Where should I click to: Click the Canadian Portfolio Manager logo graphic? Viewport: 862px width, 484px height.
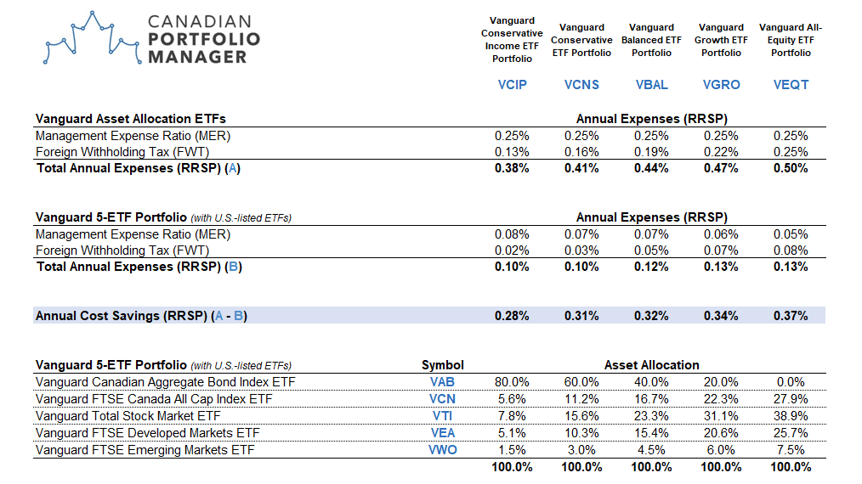(x=88, y=40)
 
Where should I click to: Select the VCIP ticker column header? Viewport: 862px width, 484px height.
(x=512, y=85)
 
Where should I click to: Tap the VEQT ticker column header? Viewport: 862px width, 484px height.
(x=791, y=85)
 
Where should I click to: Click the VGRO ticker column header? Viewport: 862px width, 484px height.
(x=721, y=85)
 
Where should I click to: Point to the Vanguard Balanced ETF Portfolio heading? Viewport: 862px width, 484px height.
(x=651, y=40)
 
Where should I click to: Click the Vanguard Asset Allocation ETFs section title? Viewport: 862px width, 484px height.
(x=130, y=119)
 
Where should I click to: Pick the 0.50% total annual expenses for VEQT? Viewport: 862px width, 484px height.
(x=791, y=168)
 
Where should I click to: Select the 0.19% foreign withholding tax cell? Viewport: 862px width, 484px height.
(x=651, y=152)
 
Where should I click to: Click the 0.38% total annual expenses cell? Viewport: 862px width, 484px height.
(x=512, y=168)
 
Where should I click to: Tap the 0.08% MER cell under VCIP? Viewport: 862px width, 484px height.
(x=512, y=234)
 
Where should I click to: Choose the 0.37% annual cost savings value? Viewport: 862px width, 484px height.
(x=791, y=316)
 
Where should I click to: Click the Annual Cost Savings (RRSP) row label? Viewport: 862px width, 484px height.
(x=141, y=316)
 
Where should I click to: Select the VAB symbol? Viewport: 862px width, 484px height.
(x=443, y=382)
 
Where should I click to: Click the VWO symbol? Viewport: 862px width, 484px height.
(x=443, y=450)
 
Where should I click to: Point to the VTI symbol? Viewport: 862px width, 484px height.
(x=443, y=416)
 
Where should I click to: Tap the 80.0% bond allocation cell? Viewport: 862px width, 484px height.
(x=512, y=382)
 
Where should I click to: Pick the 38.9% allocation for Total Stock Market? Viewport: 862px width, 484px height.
(x=791, y=416)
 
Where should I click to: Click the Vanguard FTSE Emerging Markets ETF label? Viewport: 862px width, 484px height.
(x=145, y=450)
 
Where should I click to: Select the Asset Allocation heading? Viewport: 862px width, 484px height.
(x=651, y=365)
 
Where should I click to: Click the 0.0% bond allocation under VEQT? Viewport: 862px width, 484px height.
(x=791, y=382)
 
